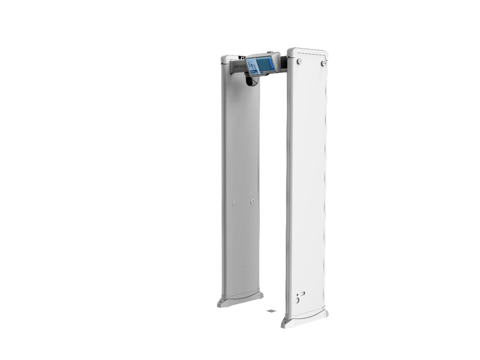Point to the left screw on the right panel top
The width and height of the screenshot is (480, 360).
pos(299,61)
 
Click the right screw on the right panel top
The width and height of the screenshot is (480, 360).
pos(323,63)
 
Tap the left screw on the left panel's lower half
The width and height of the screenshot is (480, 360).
pos(234,203)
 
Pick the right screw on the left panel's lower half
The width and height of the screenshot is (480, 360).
pos(252,201)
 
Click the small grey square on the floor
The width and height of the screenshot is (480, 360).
pos(271,311)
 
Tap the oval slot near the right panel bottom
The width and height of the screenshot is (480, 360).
pos(303,293)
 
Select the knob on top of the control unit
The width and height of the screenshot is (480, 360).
pos(270,52)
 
